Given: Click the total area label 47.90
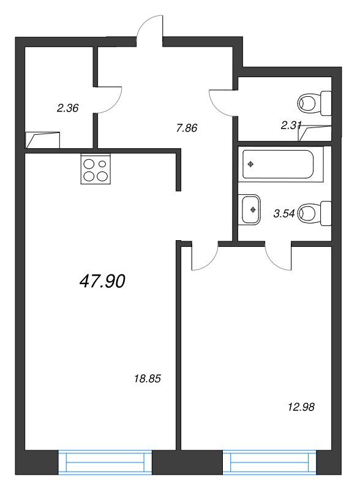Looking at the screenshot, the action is (x=102, y=281).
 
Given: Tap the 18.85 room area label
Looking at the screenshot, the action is (x=147, y=379).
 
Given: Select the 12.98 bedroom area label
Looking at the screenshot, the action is (x=301, y=407).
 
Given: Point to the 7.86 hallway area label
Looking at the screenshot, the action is (x=187, y=128).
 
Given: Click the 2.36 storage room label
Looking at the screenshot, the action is (x=67, y=108).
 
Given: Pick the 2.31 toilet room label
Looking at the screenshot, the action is (x=291, y=126).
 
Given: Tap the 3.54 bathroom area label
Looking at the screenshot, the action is (x=284, y=213).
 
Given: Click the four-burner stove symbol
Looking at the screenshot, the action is (x=96, y=169).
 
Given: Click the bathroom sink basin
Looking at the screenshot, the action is (x=250, y=209).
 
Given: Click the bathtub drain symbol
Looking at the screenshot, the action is (x=250, y=164).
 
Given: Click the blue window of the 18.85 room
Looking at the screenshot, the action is (x=105, y=462).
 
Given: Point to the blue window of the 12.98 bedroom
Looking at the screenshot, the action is (x=269, y=462).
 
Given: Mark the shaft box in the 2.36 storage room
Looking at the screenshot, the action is (x=42, y=140).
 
